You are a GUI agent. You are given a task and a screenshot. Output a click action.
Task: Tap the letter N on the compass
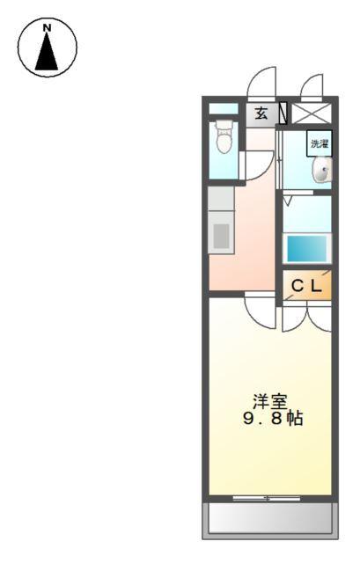point(47,28)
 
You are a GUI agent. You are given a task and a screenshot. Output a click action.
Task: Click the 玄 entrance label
point(261,113)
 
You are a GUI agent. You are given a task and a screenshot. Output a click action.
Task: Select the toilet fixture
point(224,138)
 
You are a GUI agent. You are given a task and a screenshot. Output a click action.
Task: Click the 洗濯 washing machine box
point(318,143)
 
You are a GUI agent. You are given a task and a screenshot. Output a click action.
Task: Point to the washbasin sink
point(323,169)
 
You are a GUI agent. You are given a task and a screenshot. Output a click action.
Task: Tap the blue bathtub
point(306,248)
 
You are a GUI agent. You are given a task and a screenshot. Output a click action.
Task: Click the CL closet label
point(307,285)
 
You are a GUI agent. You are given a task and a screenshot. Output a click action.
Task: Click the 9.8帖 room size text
point(273,419)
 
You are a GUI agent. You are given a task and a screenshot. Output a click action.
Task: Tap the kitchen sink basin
point(222,235)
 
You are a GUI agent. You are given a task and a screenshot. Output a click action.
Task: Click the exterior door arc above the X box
point(311,85)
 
